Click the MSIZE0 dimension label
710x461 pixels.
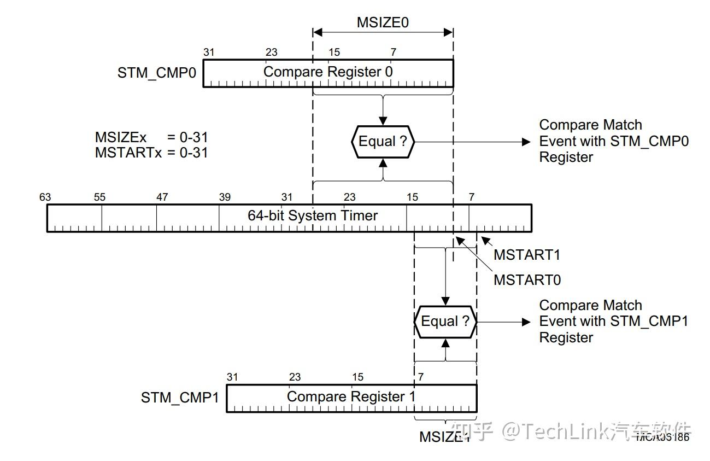pyautogui.click(x=383, y=22)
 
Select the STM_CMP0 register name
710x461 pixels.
pyautogui.click(x=156, y=73)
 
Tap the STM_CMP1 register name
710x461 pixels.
pyautogui.click(x=180, y=398)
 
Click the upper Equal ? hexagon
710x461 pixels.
pyautogui.click(x=383, y=142)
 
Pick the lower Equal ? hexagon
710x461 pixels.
pyautogui.click(x=445, y=321)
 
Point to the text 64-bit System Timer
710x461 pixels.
pyautogui.click(x=313, y=215)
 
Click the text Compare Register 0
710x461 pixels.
pyautogui.click(x=328, y=72)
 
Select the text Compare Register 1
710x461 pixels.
pyautogui.click(x=351, y=396)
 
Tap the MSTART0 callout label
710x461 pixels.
pyautogui.click(x=527, y=280)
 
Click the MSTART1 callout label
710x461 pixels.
pyautogui.click(x=527, y=255)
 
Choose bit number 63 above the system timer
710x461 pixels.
pyautogui.click(x=45, y=197)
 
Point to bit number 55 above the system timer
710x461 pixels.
pyautogui.click(x=99, y=197)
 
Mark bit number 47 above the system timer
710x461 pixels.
pyautogui.click(x=162, y=197)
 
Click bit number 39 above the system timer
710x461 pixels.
pyautogui.click(x=225, y=197)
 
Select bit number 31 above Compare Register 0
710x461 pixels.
pyautogui.click(x=209, y=52)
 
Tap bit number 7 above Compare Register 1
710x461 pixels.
pyautogui.click(x=420, y=377)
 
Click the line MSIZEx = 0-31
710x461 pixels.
pyautogui.click(x=151, y=138)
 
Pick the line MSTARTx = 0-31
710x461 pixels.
pyautogui.click(x=151, y=153)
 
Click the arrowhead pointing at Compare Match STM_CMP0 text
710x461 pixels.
pyautogui.click(x=526, y=142)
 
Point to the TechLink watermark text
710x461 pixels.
pyautogui.click(x=569, y=431)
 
